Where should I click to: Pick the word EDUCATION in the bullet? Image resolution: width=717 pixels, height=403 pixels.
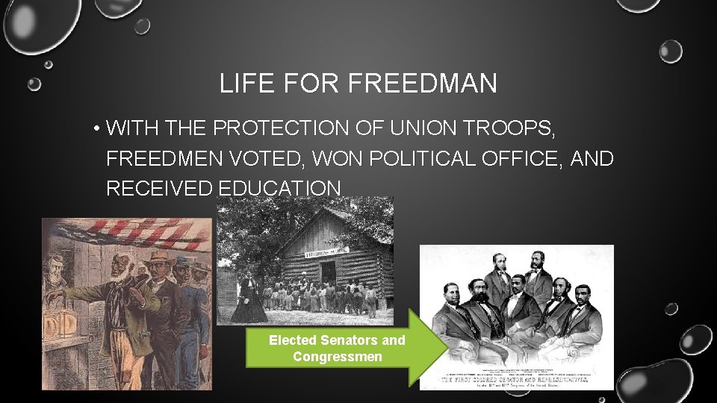[279, 189]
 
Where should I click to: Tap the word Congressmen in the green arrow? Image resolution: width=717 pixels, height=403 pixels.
[337, 357]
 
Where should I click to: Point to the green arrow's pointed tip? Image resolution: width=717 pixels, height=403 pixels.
[446, 348]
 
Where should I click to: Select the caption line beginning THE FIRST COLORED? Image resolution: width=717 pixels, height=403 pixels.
[516, 378]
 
